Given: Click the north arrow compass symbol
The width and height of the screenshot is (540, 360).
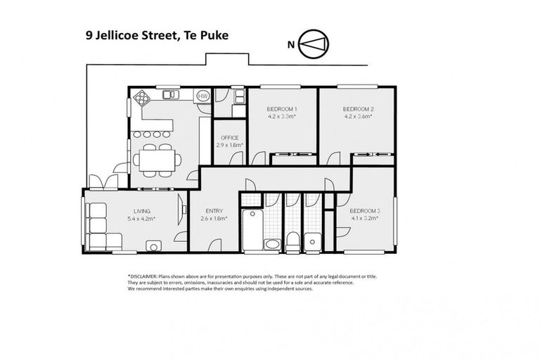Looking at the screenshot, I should coord(314,45).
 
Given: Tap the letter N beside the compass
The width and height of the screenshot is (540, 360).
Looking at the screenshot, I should coord(290,45).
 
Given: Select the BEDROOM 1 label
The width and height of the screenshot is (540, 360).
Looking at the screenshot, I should coord(281,109).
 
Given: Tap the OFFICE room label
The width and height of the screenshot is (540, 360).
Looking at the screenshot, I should coord(230,138).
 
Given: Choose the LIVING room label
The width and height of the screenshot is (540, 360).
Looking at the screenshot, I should coord(143,210).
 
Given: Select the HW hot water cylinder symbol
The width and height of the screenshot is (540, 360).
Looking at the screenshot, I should coord(202,95).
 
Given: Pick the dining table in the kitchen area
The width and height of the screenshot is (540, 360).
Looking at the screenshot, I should coord(156,158).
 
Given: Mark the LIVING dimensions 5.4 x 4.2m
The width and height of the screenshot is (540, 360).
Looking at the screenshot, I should coord(142,218).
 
